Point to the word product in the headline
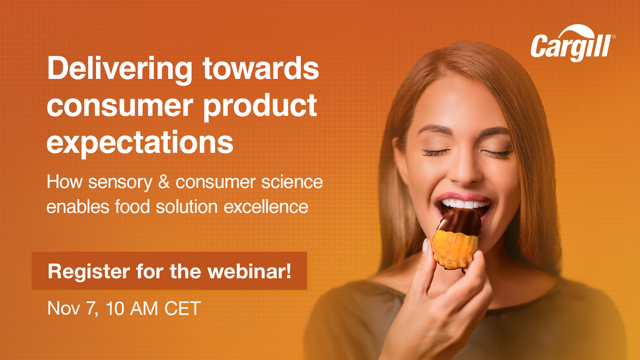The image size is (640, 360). pyautogui.click(x=260, y=106)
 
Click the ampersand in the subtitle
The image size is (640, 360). pyautogui.click(x=164, y=182)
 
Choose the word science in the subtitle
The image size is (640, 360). pyautogui.click(x=292, y=182)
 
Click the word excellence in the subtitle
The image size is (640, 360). pyautogui.click(x=266, y=207)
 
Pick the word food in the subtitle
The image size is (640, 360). pyautogui.click(x=132, y=207)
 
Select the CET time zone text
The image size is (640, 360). pyautogui.click(x=182, y=308)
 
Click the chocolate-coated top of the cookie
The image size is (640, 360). pyautogui.click(x=459, y=222)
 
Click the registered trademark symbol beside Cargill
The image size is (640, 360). pyautogui.click(x=614, y=37)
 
